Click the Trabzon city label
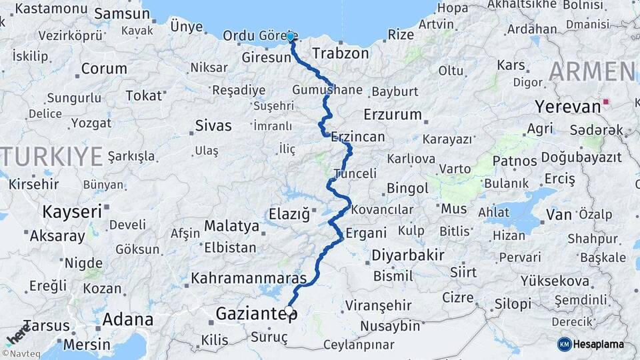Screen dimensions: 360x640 point(340,53)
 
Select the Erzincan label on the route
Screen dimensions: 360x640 point(357,137)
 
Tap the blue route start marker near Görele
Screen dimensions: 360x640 point(291,35)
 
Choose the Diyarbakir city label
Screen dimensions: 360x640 point(407,255)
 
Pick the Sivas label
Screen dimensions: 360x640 point(213,125)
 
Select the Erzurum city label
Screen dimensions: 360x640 point(393,114)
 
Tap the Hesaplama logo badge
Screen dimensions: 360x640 point(591,344)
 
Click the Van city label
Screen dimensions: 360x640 point(559,214)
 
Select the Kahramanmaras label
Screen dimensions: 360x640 point(249,278)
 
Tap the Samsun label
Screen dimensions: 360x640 point(122,13)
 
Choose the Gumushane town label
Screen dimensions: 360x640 point(327,90)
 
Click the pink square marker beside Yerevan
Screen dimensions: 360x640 point(605,103)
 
